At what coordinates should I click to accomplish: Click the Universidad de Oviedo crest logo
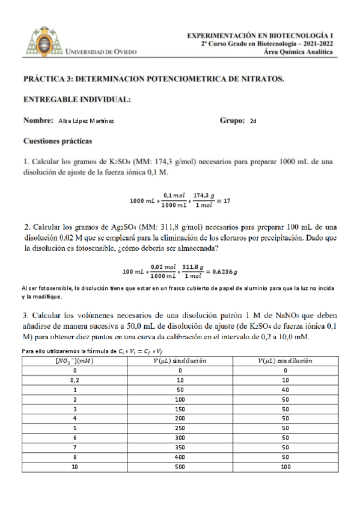pyautogui.click(x=44, y=40)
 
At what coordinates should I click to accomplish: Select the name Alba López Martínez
pyautogui.click(x=87, y=120)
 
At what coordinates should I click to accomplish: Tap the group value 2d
pyautogui.click(x=253, y=120)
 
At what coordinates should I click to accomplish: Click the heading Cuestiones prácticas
pyautogui.click(x=58, y=142)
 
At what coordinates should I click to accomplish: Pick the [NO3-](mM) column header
pyautogui.click(x=75, y=361)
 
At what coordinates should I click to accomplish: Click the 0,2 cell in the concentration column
pyautogui.click(x=75, y=380)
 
